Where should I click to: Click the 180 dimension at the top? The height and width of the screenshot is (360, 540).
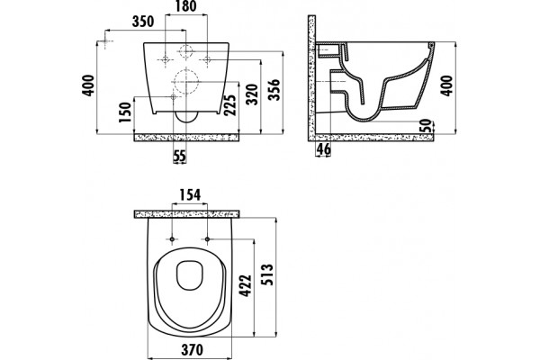point(186,6)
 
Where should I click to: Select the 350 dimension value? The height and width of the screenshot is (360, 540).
point(143,22)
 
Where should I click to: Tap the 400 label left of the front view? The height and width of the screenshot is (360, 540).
point(88,85)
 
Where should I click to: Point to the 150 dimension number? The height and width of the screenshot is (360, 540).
point(125,112)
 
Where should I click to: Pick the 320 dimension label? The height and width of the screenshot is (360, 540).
point(252,94)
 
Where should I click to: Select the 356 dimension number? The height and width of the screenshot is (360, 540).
point(274,90)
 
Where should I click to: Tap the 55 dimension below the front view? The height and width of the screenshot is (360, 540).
point(179,156)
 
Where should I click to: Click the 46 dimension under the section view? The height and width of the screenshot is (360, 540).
point(323,148)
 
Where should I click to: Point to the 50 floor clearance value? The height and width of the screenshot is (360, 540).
point(426,126)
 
